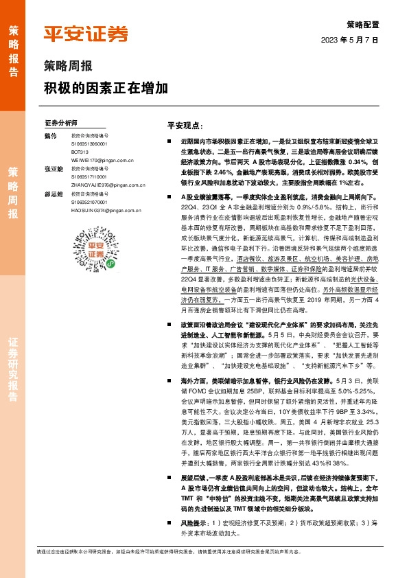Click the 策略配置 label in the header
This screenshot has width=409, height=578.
[x=363, y=23]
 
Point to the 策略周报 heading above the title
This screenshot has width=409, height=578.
[x=68, y=67]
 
